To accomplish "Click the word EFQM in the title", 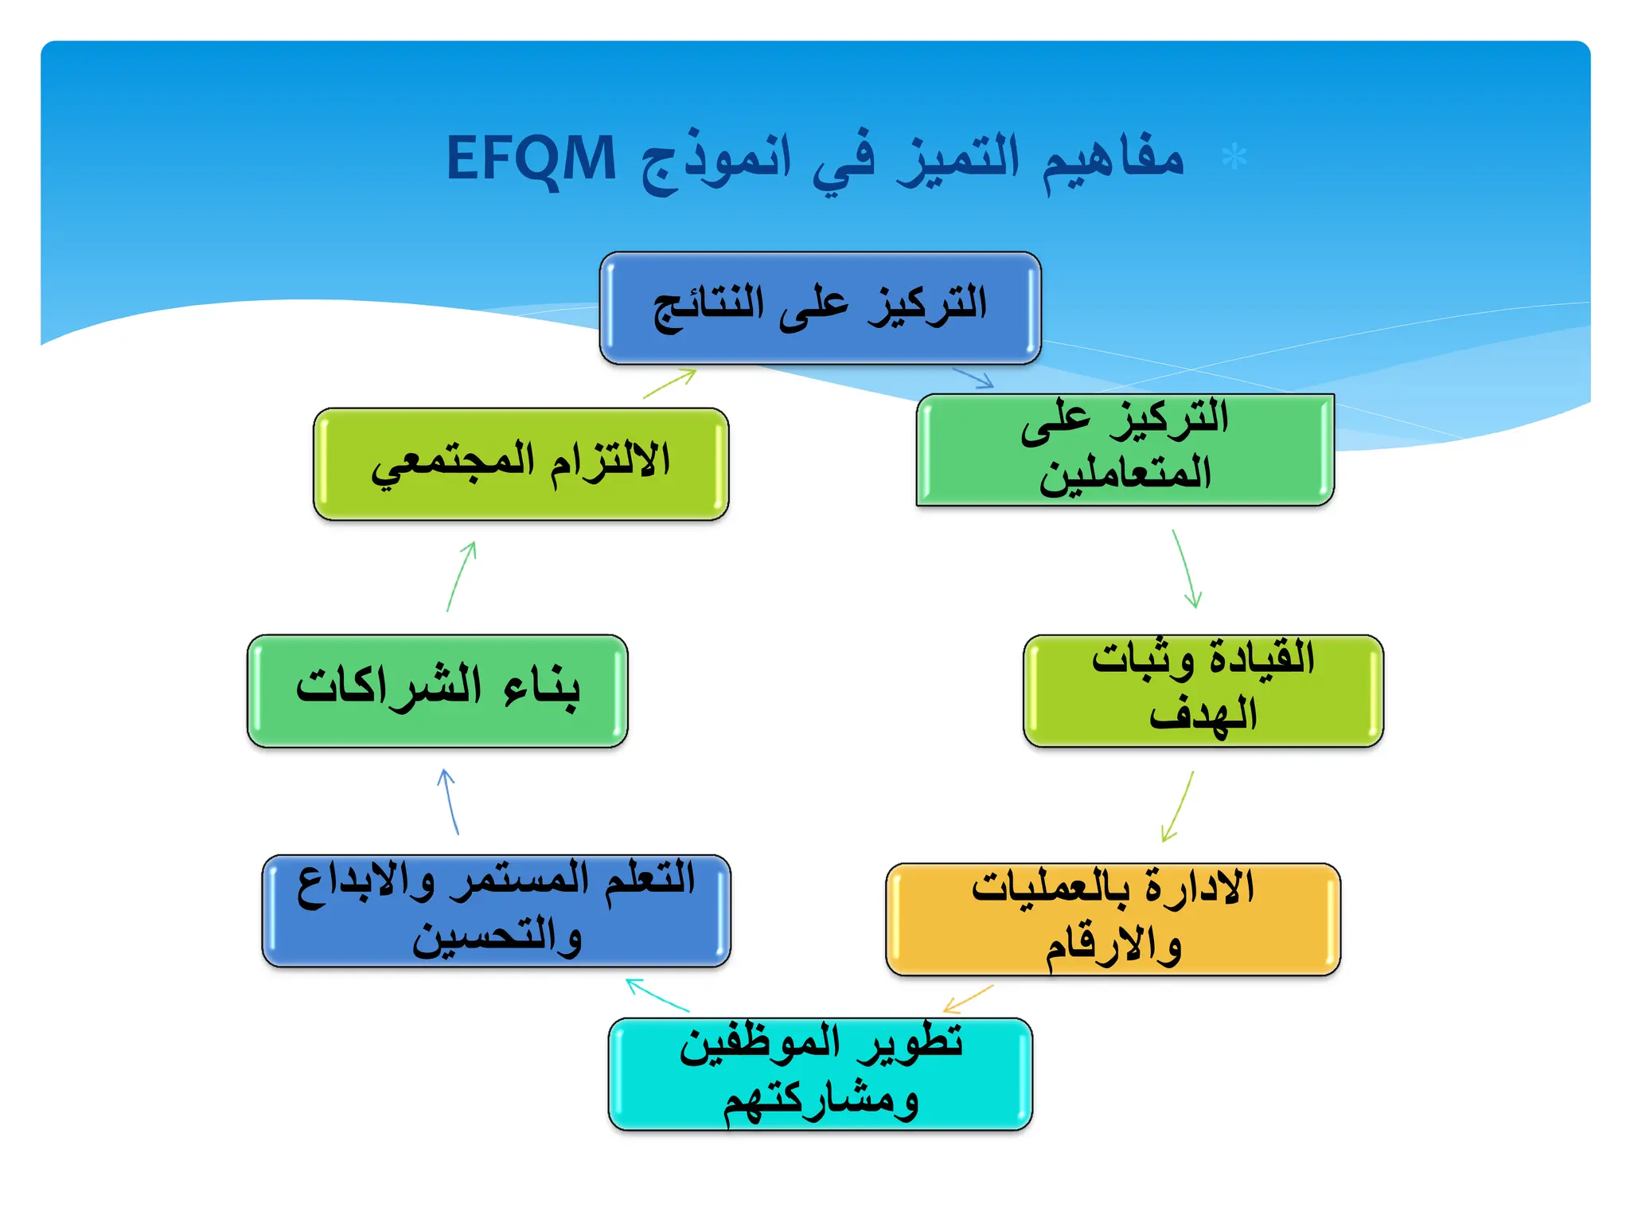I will click(531, 158).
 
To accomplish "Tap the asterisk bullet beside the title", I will click(1234, 158).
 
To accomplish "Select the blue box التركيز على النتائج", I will click(820, 308).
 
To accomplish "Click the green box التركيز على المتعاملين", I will click(1125, 450).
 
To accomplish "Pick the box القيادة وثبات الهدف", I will click(1203, 691).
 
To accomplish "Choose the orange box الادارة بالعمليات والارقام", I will click(1113, 919).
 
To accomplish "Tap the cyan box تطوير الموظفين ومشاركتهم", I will click(820, 1073).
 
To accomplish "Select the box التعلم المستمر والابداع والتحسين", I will click(496, 911).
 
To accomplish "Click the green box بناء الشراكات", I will click(438, 690).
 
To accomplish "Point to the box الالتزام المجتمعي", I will click(521, 464).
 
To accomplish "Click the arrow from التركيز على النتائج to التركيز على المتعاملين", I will click(973, 377).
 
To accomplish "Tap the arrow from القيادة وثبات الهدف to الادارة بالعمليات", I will click(1178, 806).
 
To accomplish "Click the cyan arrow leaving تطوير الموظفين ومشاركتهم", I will click(657, 995).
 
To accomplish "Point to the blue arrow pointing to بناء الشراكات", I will click(449, 801).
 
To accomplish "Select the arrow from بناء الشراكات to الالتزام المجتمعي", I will click(462, 576).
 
